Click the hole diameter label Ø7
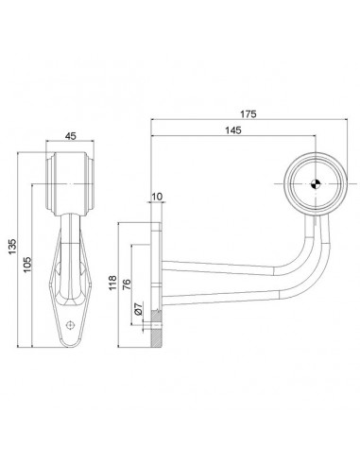coord(138,310)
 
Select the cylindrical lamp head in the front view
coord(70,171)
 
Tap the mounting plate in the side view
coord(155,274)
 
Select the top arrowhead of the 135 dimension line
coord(21,152)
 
